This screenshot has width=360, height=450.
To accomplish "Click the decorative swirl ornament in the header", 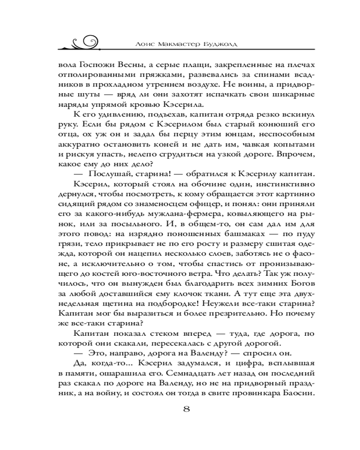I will (x=84, y=41).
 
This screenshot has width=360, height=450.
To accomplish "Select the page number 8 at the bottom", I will (x=186, y=409).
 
